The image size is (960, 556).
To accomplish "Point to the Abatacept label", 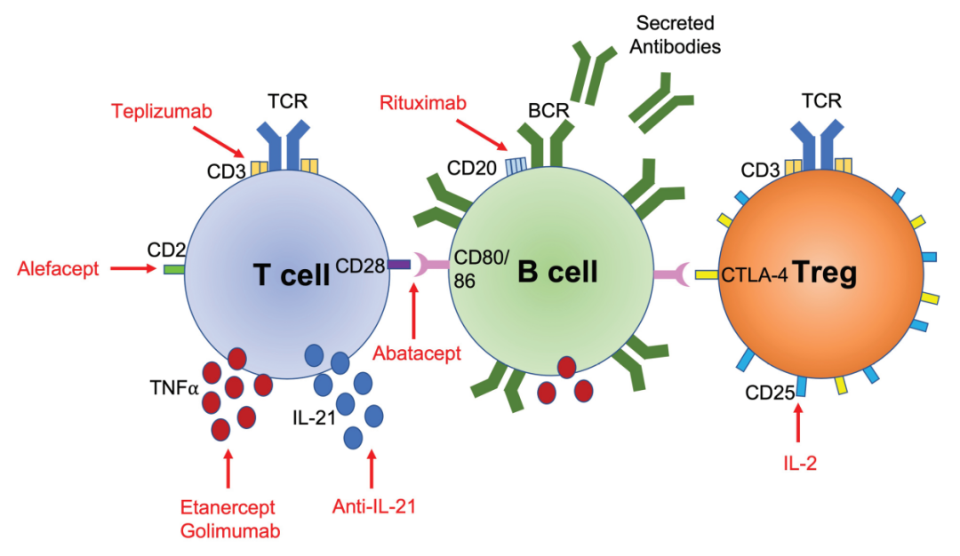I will click(x=417, y=353).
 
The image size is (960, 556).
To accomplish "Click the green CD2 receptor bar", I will click(x=173, y=266).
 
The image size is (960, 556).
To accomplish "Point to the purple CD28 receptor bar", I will click(x=397, y=264).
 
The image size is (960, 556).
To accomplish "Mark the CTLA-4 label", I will click(x=755, y=274).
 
